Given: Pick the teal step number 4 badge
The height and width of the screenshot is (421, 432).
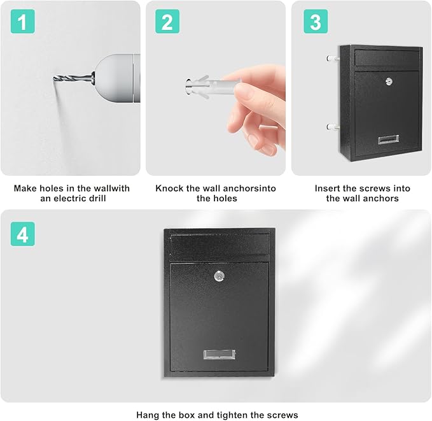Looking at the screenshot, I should coord(22,234).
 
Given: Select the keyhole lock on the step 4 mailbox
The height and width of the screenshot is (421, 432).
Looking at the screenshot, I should coord(219,276).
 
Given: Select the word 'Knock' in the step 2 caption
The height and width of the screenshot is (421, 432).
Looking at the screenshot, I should coord(169,189).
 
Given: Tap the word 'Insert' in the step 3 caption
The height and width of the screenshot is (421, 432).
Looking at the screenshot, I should coord(328,189).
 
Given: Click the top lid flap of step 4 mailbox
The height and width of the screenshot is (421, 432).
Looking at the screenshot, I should coord(219,245).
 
